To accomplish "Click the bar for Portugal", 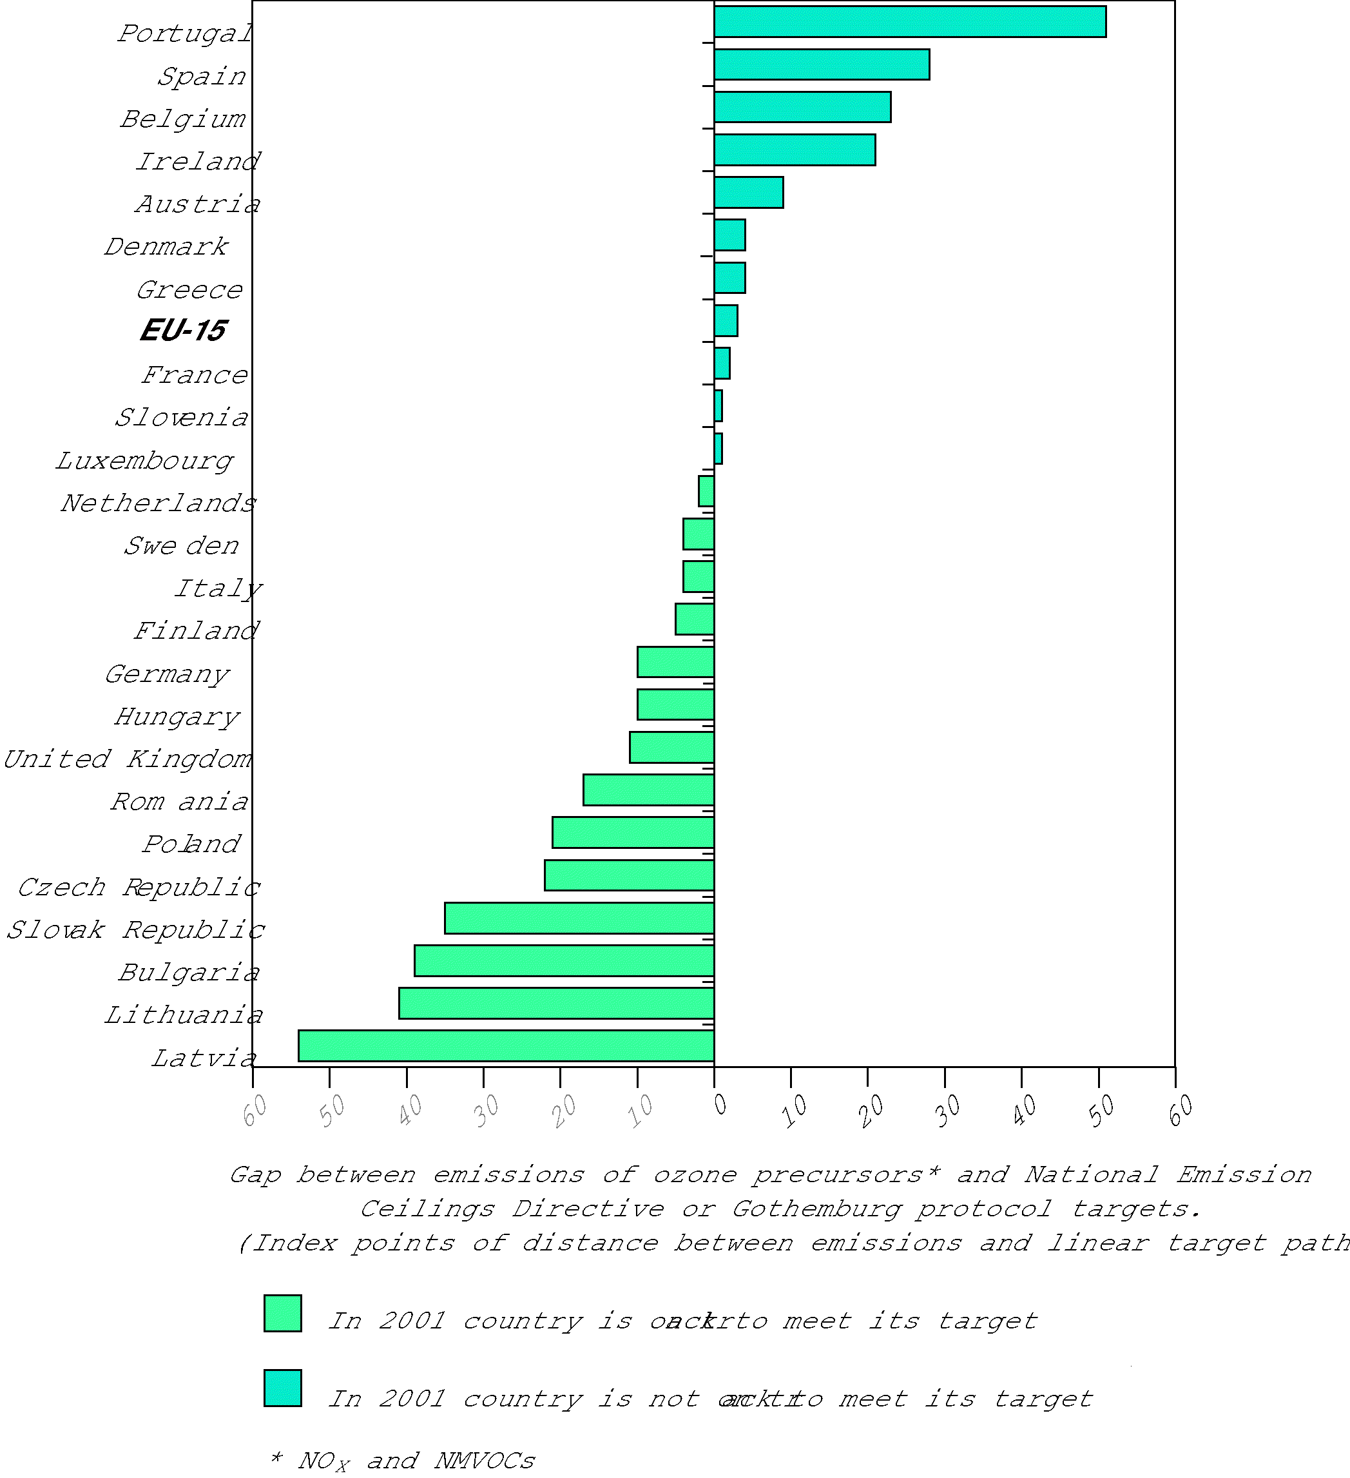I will (x=909, y=21).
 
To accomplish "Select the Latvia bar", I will (x=506, y=1045).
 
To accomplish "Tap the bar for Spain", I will (x=821, y=64).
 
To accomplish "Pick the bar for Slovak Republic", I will (x=579, y=918).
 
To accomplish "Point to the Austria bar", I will (x=748, y=192).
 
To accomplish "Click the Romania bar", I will (x=649, y=790).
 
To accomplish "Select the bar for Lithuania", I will (x=556, y=1003).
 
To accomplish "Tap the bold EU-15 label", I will (x=183, y=331).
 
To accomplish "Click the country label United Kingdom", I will (x=128, y=759).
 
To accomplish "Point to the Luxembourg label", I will (x=145, y=460).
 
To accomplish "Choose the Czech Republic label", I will (x=139, y=888).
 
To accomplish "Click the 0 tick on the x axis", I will (x=720, y=1103).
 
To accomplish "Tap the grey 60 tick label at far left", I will (x=256, y=1110).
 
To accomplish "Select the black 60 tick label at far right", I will (x=1180, y=1110).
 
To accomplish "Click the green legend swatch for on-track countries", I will (x=283, y=1313).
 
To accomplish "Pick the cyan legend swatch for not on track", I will (x=283, y=1388).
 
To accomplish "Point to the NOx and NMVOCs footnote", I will (x=403, y=1461).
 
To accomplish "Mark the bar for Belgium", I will (x=802, y=107).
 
